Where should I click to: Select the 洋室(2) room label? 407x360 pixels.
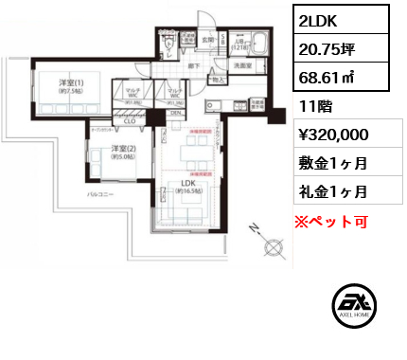121,149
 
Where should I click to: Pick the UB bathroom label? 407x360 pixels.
240,43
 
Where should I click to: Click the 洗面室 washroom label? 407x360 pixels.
241,64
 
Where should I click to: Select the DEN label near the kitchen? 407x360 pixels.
175,113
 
